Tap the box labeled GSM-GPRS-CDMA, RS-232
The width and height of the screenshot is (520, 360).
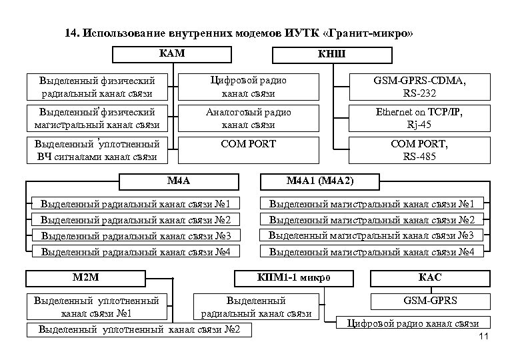pyautogui.click(x=425, y=86)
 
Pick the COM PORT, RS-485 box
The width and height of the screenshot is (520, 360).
pyautogui.click(x=425, y=149)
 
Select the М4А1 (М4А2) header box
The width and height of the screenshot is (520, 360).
pyautogui.click(x=320, y=181)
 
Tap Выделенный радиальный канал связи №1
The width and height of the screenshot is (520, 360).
pyautogui.click(x=136, y=203)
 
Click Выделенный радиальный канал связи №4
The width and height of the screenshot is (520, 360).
pyautogui.click(x=136, y=251)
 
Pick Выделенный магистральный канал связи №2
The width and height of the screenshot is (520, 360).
pyautogui.click(x=371, y=219)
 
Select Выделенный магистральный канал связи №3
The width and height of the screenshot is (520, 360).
pyautogui.click(x=371, y=235)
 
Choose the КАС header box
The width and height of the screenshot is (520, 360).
pyautogui.click(x=430, y=277)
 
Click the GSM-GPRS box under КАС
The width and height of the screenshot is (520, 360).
pyautogui.click(x=430, y=301)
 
